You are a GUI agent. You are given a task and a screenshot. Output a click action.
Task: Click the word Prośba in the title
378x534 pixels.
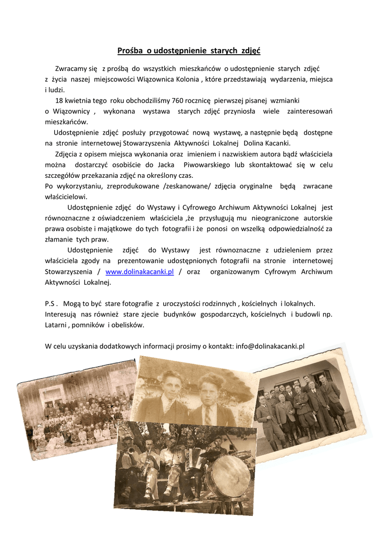coord(130,51)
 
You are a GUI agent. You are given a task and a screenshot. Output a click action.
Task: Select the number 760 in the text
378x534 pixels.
coord(178,100)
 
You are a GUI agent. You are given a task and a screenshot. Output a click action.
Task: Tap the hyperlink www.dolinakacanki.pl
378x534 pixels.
coord(139,272)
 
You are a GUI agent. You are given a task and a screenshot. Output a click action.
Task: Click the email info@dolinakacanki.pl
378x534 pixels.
coord(270,346)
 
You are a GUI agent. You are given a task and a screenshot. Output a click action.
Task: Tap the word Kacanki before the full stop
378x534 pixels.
coord(276,143)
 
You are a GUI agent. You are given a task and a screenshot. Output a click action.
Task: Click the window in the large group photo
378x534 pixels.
coord(52,394)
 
